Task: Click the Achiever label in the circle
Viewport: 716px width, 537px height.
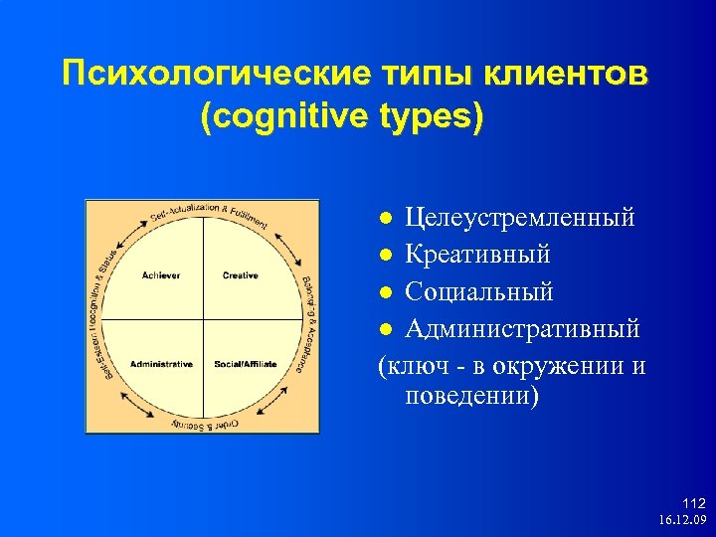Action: pos(161,275)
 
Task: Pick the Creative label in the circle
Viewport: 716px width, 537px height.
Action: pos(240,275)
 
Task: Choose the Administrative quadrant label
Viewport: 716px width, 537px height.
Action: pos(161,364)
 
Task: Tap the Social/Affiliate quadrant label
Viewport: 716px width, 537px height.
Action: pos(244,364)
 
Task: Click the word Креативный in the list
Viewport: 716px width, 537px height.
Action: pos(477,255)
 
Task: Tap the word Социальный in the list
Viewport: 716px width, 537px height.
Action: pos(479,291)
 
